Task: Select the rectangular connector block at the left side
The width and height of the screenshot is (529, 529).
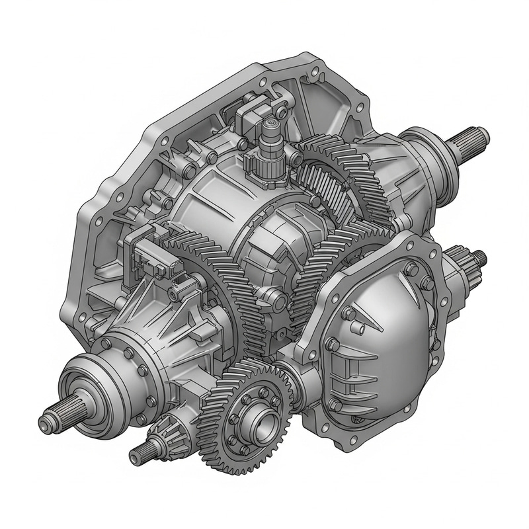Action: click(x=155, y=255)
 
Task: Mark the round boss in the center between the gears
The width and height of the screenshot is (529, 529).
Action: click(x=278, y=302)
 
